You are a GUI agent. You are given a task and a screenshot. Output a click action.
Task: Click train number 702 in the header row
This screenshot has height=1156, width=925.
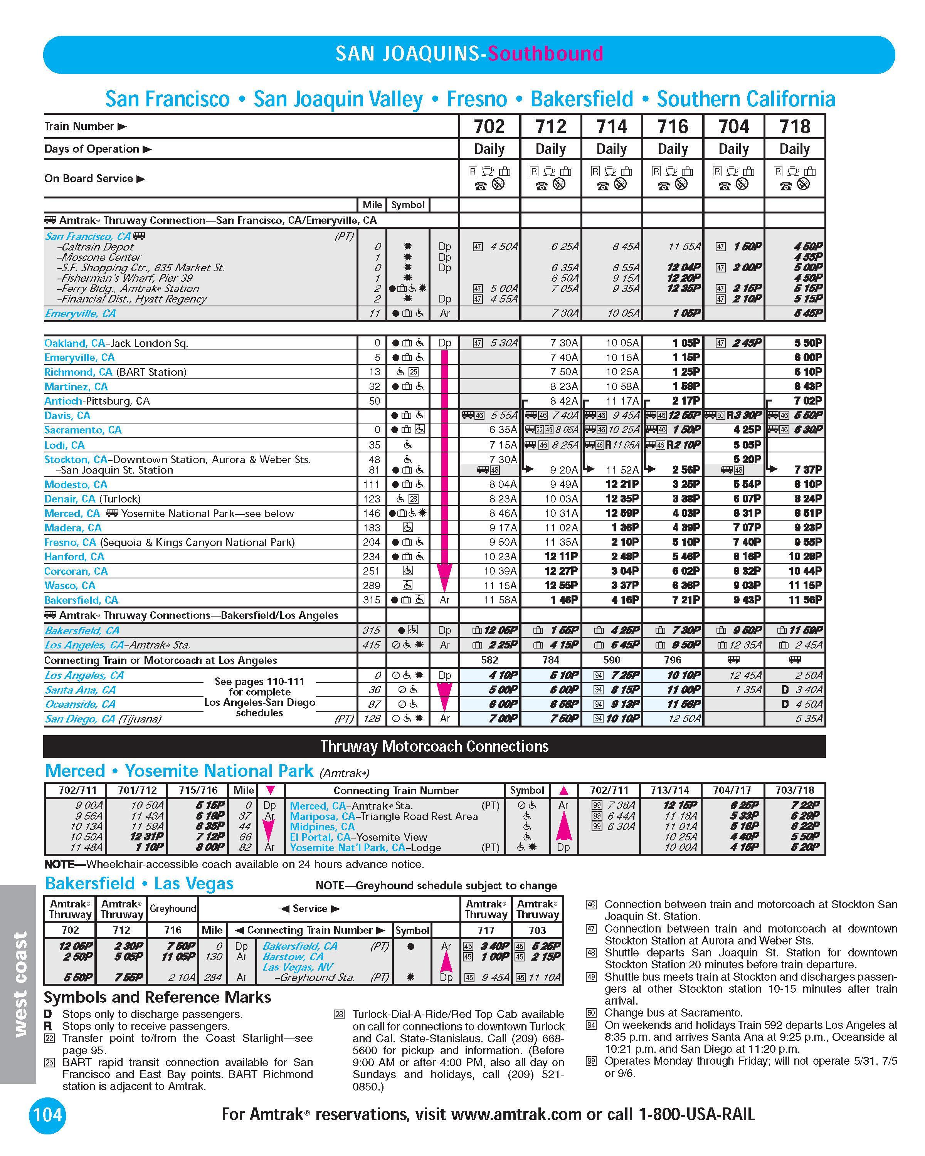click(x=489, y=126)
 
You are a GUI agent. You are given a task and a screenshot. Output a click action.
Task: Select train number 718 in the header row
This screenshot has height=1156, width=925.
click(x=795, y=126)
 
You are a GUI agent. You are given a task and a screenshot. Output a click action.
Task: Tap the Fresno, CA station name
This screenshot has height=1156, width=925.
click(x=70, y=542)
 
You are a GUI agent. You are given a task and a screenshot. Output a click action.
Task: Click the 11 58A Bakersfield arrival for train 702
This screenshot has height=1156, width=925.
click(x=500, y=600)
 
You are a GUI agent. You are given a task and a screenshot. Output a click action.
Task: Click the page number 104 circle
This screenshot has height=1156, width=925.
click(x=48, y=1115)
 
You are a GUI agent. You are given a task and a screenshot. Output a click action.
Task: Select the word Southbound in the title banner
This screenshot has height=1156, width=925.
click(x=545, y=54)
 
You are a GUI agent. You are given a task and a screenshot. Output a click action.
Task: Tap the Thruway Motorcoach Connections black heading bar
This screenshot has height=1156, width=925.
click(x=434, y=746)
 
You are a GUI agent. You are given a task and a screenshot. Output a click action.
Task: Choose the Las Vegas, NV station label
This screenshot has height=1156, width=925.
click(x=298, y=967)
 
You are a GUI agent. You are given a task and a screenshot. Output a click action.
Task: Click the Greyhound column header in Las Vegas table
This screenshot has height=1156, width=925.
click(x=173, y=908)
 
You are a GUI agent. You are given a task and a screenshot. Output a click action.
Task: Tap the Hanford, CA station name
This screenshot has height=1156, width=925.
click(x=74, y=556)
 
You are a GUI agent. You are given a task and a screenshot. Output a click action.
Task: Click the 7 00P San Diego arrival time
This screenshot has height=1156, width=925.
click(x=503, y=719)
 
